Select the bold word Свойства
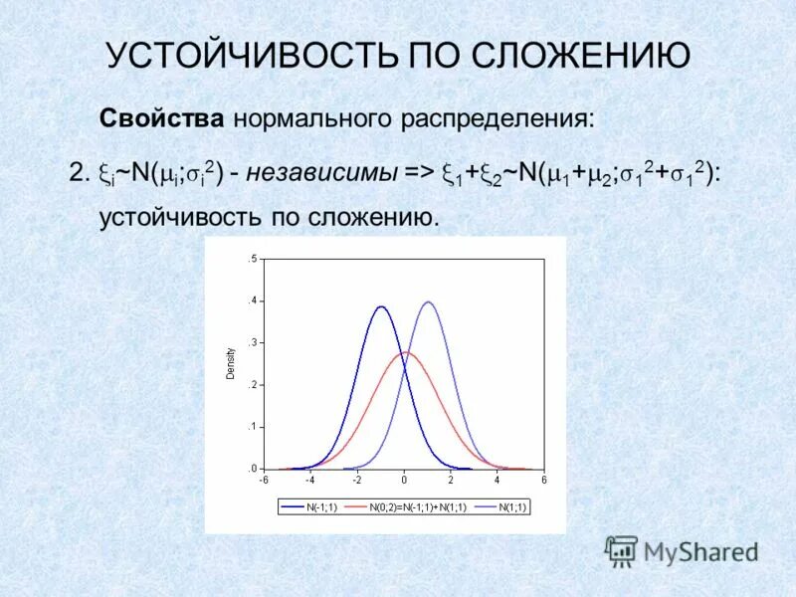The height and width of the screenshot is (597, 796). [x=161, y=119]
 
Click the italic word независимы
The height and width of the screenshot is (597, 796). [x=321, y=173]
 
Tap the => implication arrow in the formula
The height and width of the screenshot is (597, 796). [x=420, y=173]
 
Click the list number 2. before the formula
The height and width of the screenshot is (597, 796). [x=80, y=173]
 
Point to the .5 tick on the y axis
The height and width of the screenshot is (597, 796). [x=253, y=259]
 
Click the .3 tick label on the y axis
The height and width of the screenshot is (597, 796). [x=253, y=342]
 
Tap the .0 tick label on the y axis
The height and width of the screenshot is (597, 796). [x=253, y=468]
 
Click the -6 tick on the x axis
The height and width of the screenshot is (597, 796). [x=265, y=480]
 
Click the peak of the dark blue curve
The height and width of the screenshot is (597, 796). [x=381, y=306]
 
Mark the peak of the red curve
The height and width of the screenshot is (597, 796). [x=405, y=351]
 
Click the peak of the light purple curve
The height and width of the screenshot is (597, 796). [x=428, y=301]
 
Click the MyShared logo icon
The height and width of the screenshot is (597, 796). [x=621, y=550]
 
